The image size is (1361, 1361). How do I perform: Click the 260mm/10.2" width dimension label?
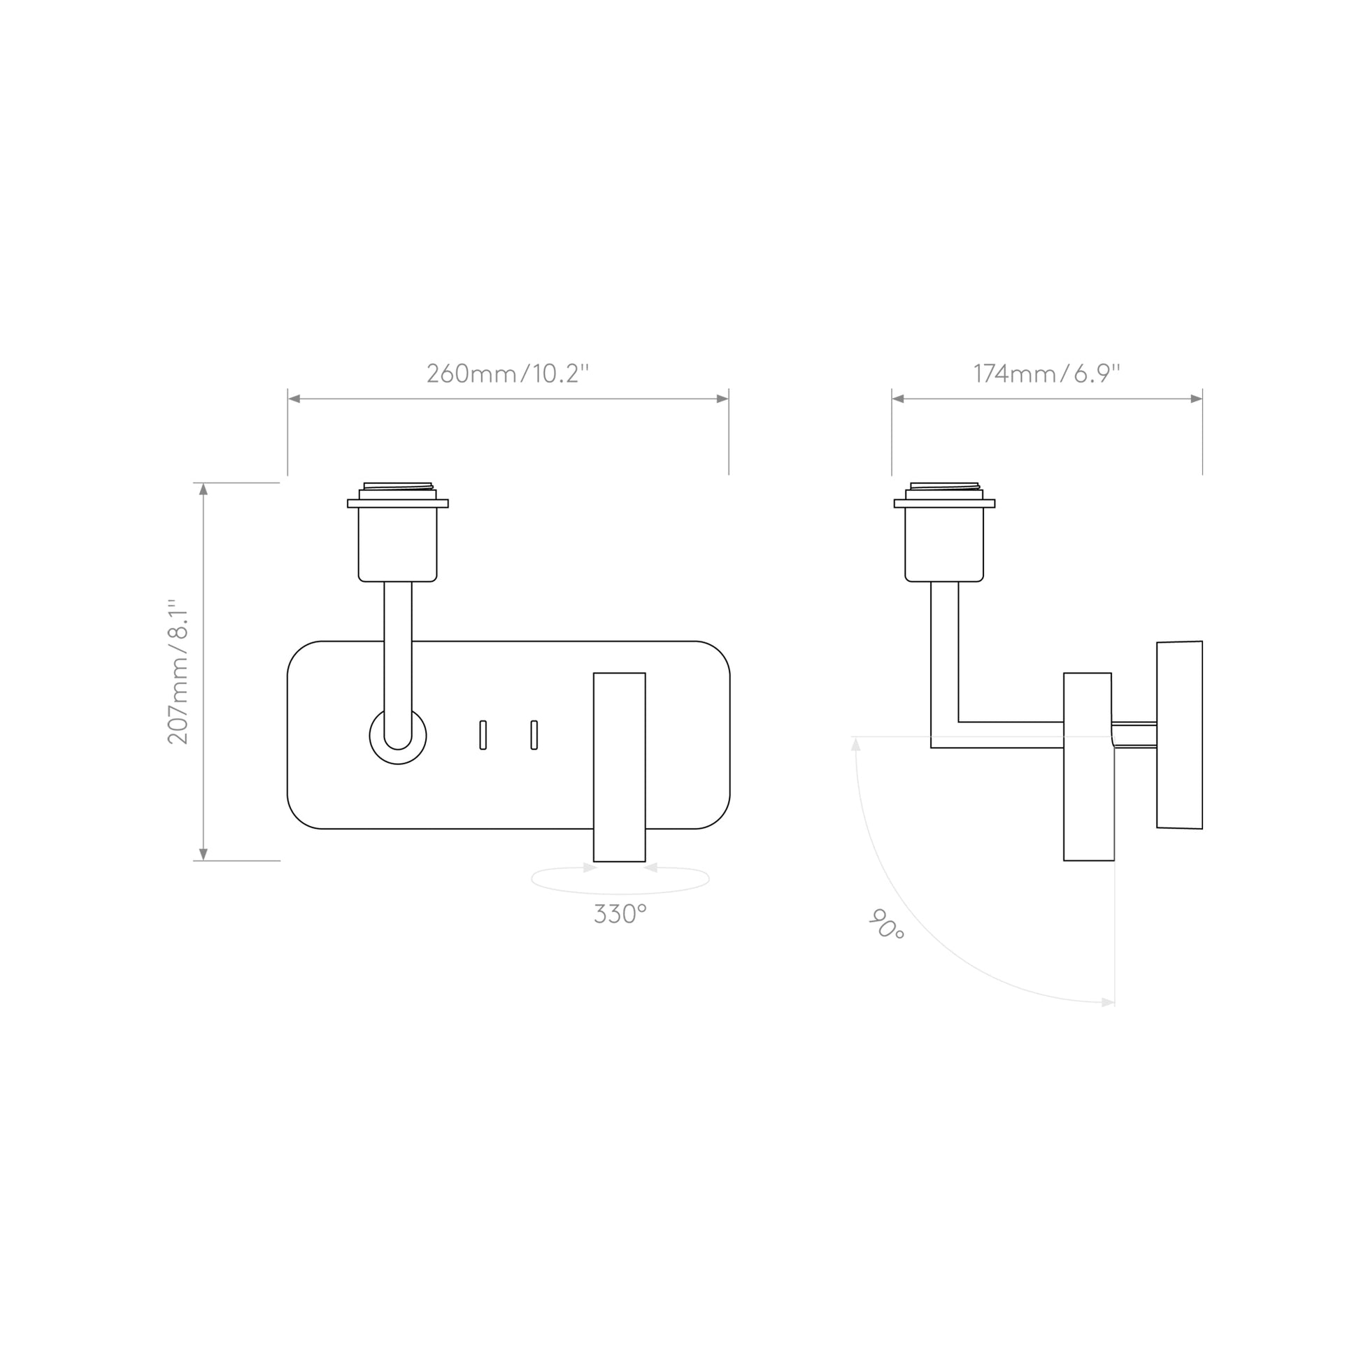coord(507,373)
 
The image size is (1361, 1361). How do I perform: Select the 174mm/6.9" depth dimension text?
coord(1046,373)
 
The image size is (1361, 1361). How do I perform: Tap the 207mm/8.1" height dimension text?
coord(178,671)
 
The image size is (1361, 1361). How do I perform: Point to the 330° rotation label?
coord(620,914)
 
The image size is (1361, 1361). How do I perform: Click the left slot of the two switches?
coord(483,735)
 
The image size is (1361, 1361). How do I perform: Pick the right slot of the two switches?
coord(534,735)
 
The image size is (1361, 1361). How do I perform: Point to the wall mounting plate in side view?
coord(1179,735)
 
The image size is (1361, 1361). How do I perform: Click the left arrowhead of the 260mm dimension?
coord(294,399)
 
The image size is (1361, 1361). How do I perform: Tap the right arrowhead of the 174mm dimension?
coord(1196,399)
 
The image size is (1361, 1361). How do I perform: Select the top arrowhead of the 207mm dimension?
coord(204,489)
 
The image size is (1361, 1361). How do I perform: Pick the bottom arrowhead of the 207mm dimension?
coord(204,855)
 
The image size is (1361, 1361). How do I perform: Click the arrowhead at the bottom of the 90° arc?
coord(1108,1002)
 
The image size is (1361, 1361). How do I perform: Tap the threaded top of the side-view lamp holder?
coord(944,486)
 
